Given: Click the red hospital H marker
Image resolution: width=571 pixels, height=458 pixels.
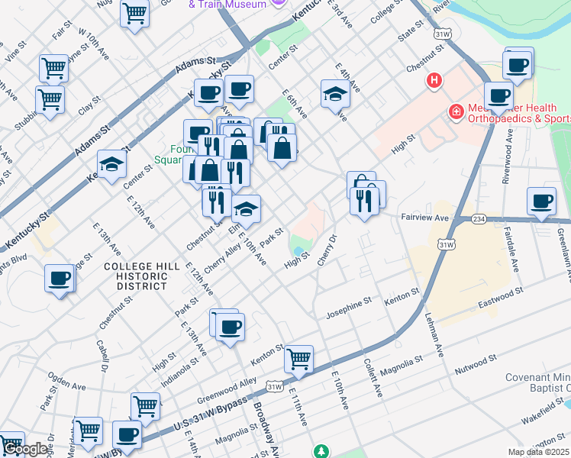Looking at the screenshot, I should pyautogui.click(x=434, y=80).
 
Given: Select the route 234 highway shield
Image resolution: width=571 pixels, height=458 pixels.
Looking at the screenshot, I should pyautogui.click(x=479, y=219).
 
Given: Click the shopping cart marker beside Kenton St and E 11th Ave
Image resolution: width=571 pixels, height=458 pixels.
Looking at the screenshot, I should pyautogui.click(x=298, y=358).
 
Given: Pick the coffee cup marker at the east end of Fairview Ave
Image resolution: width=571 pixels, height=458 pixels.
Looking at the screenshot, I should pyautogui.click(x=541, y=202).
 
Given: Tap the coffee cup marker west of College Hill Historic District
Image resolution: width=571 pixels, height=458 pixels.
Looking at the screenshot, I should pyautogui.click(x=60, y=279).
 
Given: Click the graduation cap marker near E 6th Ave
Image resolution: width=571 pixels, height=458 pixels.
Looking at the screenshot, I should pyautogui.click(x=335, y=95).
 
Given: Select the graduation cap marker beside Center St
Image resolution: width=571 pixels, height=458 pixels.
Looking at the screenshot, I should pyautogui.click(x=111, y=164).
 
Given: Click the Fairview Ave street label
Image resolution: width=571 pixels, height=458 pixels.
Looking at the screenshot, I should pyautogui.click(x=424, y=218).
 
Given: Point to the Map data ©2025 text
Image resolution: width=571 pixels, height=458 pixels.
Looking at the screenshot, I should pyautogui.click(x=537, y=452).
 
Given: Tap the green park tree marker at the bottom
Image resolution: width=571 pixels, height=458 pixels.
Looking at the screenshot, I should pyautogui.click(x=322, y=451).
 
